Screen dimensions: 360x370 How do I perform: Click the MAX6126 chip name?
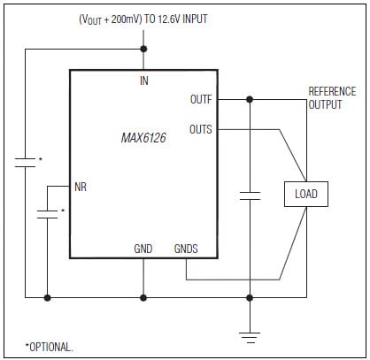pos(145,138)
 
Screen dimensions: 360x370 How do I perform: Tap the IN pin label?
pos(143,80)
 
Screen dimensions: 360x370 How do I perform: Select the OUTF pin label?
pos(201,99)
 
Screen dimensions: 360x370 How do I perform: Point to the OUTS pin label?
pos(201,129)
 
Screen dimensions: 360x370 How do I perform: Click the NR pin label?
pos(81,188)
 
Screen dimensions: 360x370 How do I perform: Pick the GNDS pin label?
pos(187,249)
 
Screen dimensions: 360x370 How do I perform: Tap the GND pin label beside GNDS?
pos(143,249)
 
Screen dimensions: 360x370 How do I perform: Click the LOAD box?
pos(305,194)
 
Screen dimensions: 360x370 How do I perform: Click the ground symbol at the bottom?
pos(251,334)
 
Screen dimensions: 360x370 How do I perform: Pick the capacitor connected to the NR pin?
pos(47,213)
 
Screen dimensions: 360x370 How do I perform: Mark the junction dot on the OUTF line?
pos(251,99)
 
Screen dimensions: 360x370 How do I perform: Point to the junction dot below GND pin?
pos(143,298)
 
